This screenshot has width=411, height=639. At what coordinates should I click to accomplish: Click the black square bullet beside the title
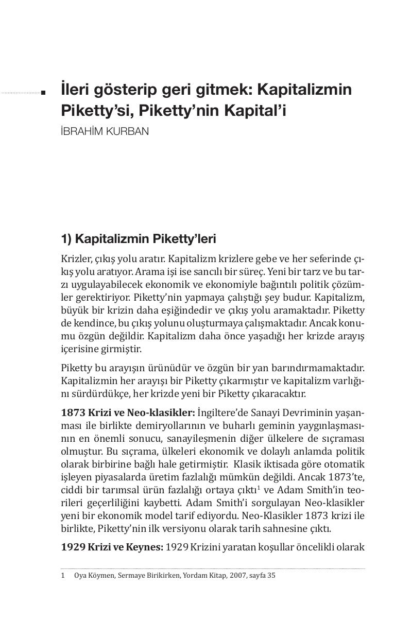[x=43, y=93]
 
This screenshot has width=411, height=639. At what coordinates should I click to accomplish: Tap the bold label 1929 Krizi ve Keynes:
[x=112, y=547]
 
